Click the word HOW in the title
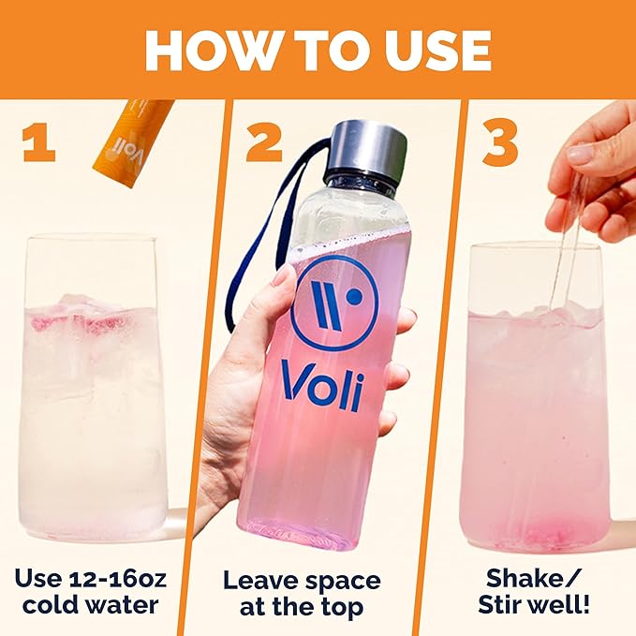point(206,51)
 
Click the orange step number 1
point(38,143)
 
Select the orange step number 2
point(263,143)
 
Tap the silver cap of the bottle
point(366,149)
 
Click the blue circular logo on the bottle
point(335,303)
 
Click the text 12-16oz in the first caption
point(118,578)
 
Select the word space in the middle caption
point(343,582)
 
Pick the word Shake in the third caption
point(526,578)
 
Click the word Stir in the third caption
point(500,604)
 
